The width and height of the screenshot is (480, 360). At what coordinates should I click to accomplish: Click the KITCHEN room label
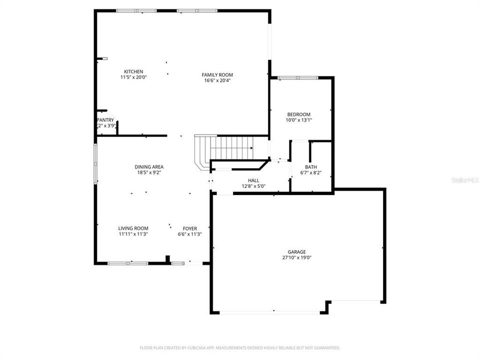[133, 71]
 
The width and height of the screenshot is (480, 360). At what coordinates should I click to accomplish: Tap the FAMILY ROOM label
[217, 74]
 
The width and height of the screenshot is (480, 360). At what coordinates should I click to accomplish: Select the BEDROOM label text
[298, 114]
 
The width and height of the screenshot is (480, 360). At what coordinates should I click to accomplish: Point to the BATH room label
[311, 167]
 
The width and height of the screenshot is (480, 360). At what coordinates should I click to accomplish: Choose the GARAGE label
[296, 252]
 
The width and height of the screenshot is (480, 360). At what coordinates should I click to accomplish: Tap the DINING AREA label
[149, 167]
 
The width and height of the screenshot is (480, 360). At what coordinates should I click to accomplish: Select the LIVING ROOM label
[133, 228]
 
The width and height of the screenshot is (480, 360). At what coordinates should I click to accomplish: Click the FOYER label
[189, 228]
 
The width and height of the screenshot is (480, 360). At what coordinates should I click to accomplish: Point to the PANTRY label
[105, 120]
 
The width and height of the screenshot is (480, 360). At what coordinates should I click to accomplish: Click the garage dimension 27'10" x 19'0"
[296, 258]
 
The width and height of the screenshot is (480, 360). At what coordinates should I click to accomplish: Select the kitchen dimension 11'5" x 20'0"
[133, 77]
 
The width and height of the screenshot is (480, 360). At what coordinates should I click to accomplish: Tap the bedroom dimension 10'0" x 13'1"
[298, 120]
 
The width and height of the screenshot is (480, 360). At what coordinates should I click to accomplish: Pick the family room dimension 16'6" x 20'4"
[217, 80]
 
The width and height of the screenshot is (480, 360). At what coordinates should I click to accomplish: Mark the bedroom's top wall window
[298, 77]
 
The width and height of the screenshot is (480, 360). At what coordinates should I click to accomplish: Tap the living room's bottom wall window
[127, 263]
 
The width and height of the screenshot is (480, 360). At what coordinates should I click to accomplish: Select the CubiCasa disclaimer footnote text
[240, 347]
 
